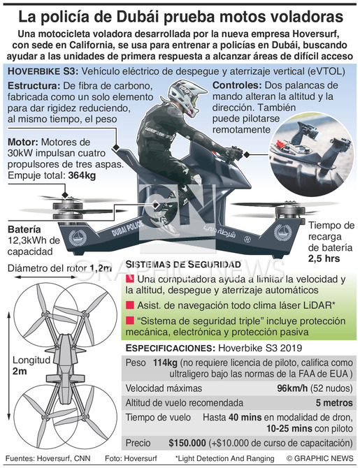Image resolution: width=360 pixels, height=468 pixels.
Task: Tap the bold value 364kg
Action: click(82, 175)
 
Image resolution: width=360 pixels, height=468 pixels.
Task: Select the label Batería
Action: click(24, 230)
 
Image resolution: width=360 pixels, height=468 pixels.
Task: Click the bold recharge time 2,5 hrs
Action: click(324, 258)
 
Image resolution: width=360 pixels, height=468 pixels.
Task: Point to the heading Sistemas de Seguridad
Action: click(183, 264)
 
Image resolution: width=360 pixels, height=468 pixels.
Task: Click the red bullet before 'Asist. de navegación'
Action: click(129, 305)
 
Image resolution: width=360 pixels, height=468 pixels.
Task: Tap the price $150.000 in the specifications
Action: click(187, 443)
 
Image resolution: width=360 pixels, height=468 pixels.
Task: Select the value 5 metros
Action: click(334, 402)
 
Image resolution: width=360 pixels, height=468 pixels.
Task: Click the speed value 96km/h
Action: click(292, 388)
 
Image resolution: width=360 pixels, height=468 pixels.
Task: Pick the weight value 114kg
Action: click(165, 363)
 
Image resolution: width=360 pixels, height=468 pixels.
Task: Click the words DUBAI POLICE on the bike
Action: click(127, 228)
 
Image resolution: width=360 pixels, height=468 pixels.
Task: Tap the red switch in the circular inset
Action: click(280, 144)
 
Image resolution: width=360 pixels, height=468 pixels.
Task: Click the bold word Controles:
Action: click(237, 85)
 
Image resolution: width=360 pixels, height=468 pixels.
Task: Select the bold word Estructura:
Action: click(34, 86)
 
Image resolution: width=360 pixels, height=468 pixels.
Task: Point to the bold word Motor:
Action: click(23, 142)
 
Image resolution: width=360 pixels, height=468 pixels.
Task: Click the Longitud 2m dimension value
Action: click(20, 372)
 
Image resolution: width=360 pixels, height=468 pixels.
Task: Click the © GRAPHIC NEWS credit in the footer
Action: click(319, 458)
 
